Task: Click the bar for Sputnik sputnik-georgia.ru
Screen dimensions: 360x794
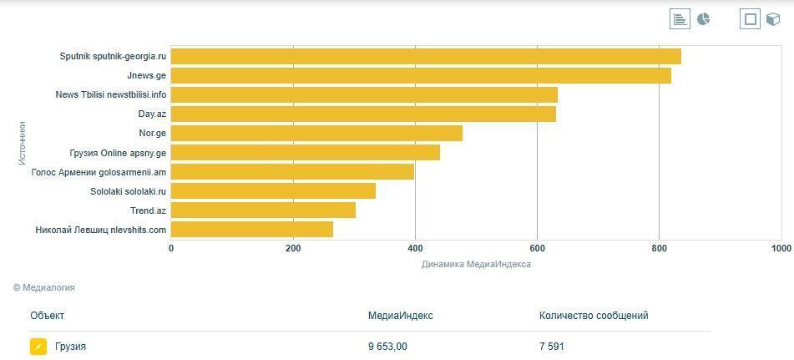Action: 426,57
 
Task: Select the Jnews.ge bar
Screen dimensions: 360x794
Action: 421,76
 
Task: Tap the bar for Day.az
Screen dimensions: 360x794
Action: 363,114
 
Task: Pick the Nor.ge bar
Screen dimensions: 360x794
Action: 316,134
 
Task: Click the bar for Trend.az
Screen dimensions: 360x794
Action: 263,210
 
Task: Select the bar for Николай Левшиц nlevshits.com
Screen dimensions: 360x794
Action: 252,230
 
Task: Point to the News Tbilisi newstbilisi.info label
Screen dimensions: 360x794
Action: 111,95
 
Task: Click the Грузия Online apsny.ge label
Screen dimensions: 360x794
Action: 118,153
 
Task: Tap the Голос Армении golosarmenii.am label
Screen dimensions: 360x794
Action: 99,172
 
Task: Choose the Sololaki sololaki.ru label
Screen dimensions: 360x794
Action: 128,191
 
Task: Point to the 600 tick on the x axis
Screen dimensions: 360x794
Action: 537,249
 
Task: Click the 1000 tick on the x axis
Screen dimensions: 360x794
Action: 781,249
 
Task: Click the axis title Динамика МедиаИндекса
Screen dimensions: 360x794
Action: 476,265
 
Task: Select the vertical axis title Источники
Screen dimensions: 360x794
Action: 23,143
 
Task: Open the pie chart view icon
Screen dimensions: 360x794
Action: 704,19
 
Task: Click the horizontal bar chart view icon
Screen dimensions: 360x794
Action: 680,19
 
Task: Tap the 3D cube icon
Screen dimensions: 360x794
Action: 773,19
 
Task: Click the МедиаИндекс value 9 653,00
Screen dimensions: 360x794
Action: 387,347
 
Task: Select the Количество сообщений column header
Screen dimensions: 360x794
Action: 594,316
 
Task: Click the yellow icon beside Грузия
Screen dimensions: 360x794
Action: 38,347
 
